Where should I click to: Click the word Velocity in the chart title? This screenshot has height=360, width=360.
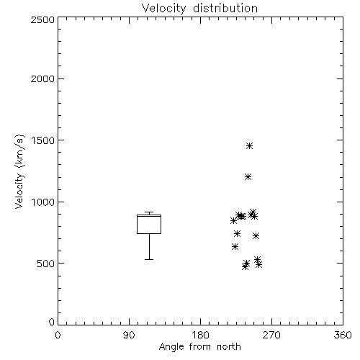(x=163, y=9)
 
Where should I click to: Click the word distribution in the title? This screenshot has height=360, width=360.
(x=225, y=8)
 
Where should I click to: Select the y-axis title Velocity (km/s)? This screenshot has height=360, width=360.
(x=19, y=171)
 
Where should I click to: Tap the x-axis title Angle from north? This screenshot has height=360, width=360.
(x=199, y=346)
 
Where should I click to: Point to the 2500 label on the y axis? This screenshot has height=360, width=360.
(x=42, y=19)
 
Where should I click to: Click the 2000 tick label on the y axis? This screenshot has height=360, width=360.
(x=42, y=79)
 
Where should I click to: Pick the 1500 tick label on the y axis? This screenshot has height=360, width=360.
(x=43, y=140)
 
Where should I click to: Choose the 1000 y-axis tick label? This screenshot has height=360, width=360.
(x=43, y=202)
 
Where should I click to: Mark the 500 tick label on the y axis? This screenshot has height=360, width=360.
(x=46, y=264)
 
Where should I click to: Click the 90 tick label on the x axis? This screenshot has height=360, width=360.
(x=129, y=335)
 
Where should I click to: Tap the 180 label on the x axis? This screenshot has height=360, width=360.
(x=200, y=335)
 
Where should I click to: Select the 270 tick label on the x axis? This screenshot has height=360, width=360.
(x=271, y=335)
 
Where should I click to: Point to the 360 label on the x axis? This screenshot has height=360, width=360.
(x=343, y=335)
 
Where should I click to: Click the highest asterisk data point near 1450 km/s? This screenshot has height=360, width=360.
(x=250, y=145)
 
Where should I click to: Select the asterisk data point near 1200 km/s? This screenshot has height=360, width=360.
(x=248, y=177)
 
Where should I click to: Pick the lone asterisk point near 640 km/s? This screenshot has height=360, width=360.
(x=235, y=246)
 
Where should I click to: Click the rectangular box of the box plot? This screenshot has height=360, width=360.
(x=137, y=224)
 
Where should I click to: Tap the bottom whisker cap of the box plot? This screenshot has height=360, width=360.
(x=149, y=259)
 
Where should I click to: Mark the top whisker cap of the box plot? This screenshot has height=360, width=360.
(x=149, y=212)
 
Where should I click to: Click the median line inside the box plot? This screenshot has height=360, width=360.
(x=149, y=216)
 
